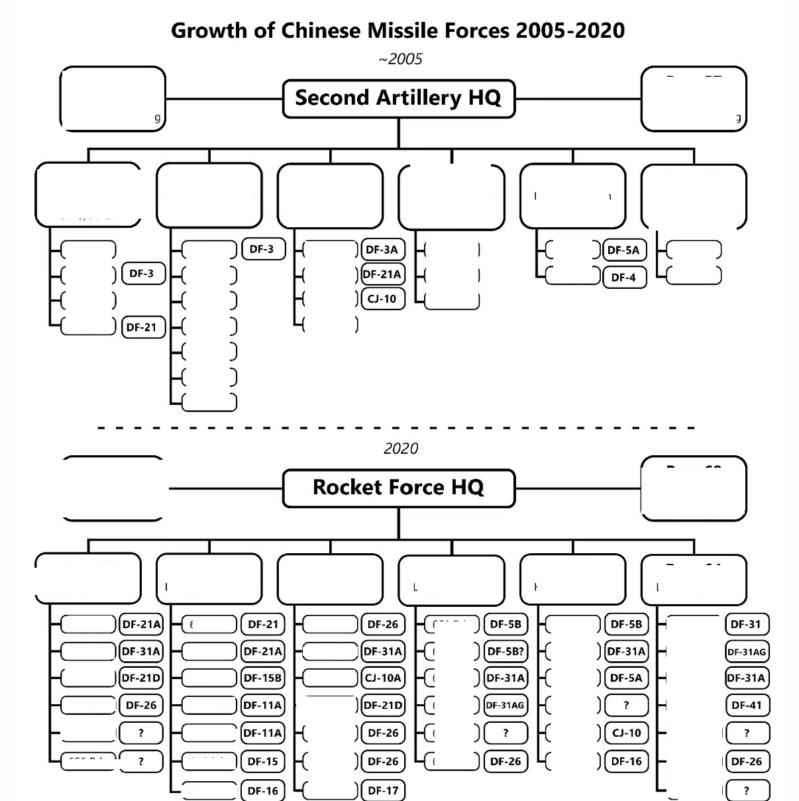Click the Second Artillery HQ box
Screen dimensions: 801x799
coord(398,98)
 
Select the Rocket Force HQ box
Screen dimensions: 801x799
coord(398,488)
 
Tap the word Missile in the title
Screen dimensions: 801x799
coord(384,30)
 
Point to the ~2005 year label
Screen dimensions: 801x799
coord(400,59)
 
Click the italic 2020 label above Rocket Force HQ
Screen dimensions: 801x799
coord(400,449)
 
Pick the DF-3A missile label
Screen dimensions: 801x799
coord(382,250)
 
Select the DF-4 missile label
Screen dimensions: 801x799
coord(624,277)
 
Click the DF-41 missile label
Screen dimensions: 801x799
coord(747,705)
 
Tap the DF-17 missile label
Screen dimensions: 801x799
coord(383,790)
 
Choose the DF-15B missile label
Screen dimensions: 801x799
coord(262,678)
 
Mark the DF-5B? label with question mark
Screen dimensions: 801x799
coord(506,651)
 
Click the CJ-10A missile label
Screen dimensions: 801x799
coord(383,678)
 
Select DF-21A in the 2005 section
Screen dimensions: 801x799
coord(382,274)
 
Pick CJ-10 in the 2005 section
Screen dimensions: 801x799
coord(382,299)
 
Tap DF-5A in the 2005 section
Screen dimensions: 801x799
coord(624,250)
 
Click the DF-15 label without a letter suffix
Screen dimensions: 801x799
coord(262,761)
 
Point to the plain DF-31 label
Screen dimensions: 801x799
coord(747,624)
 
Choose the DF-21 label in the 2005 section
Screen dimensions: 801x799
coord(142,327)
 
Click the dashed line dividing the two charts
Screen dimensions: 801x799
coord(398,428)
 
